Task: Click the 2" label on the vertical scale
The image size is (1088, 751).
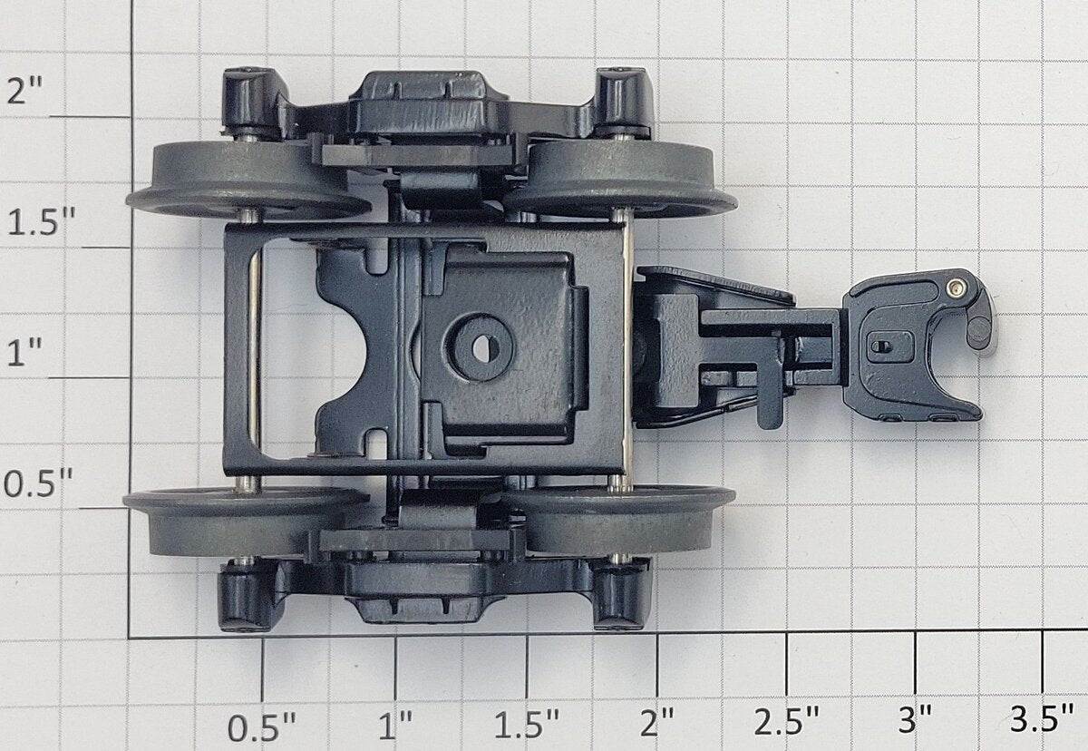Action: coord(24,91)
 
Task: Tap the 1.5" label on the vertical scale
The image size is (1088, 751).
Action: coord(42,222)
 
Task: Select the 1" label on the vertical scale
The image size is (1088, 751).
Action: coord(24,352)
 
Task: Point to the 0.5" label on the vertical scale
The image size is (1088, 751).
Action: coord(38,483)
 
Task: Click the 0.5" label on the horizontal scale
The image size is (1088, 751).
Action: coord(261,727)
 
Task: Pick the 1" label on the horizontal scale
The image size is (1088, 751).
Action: coord(395,726)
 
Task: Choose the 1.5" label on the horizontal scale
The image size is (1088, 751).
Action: coord(527,724)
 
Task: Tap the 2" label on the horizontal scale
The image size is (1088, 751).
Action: coord(657,722)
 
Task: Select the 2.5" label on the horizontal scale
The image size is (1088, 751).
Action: coord(786,720)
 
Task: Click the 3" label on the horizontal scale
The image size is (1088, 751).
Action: coord(915,718)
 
